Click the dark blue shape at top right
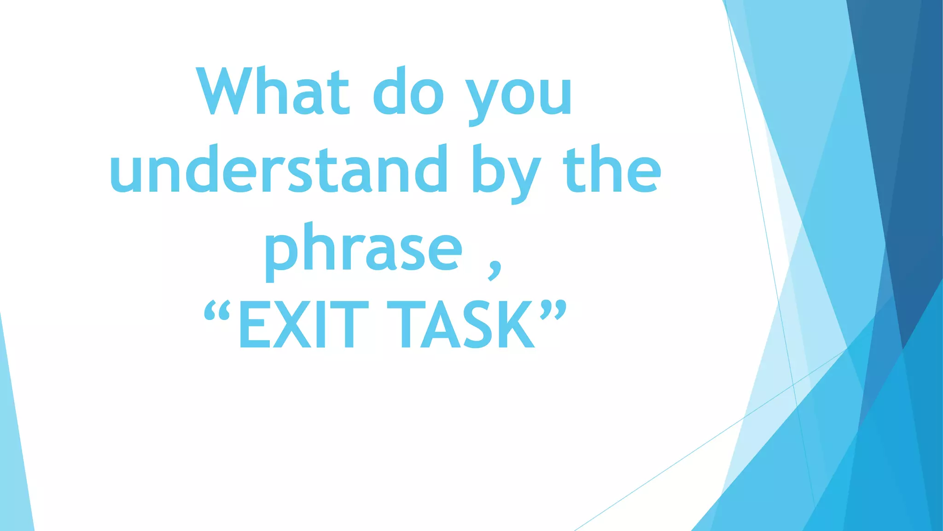(x=902, y=138)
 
